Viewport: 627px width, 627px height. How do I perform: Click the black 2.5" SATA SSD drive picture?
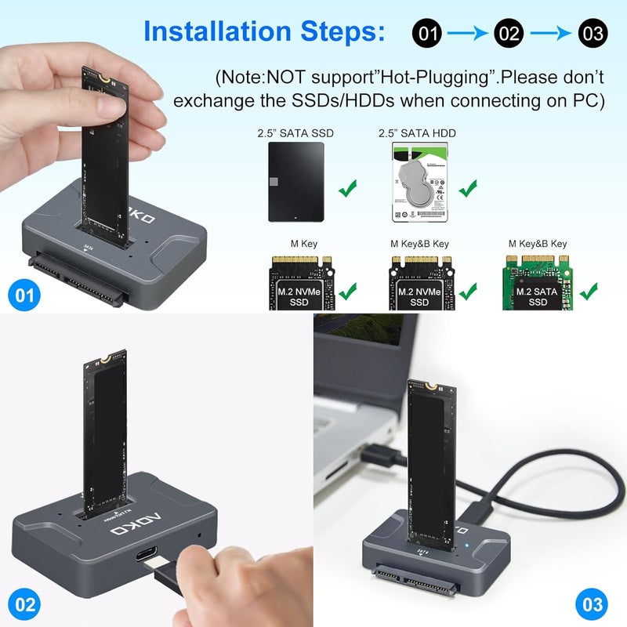[x=295, y=179]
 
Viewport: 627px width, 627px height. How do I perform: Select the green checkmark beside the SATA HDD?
[x=469, y=188]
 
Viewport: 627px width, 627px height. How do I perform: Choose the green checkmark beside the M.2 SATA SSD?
[x=588, y=294]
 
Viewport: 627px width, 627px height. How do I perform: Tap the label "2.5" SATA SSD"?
[x=295, y=133]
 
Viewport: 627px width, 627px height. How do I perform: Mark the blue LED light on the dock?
[x=467, y=547]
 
